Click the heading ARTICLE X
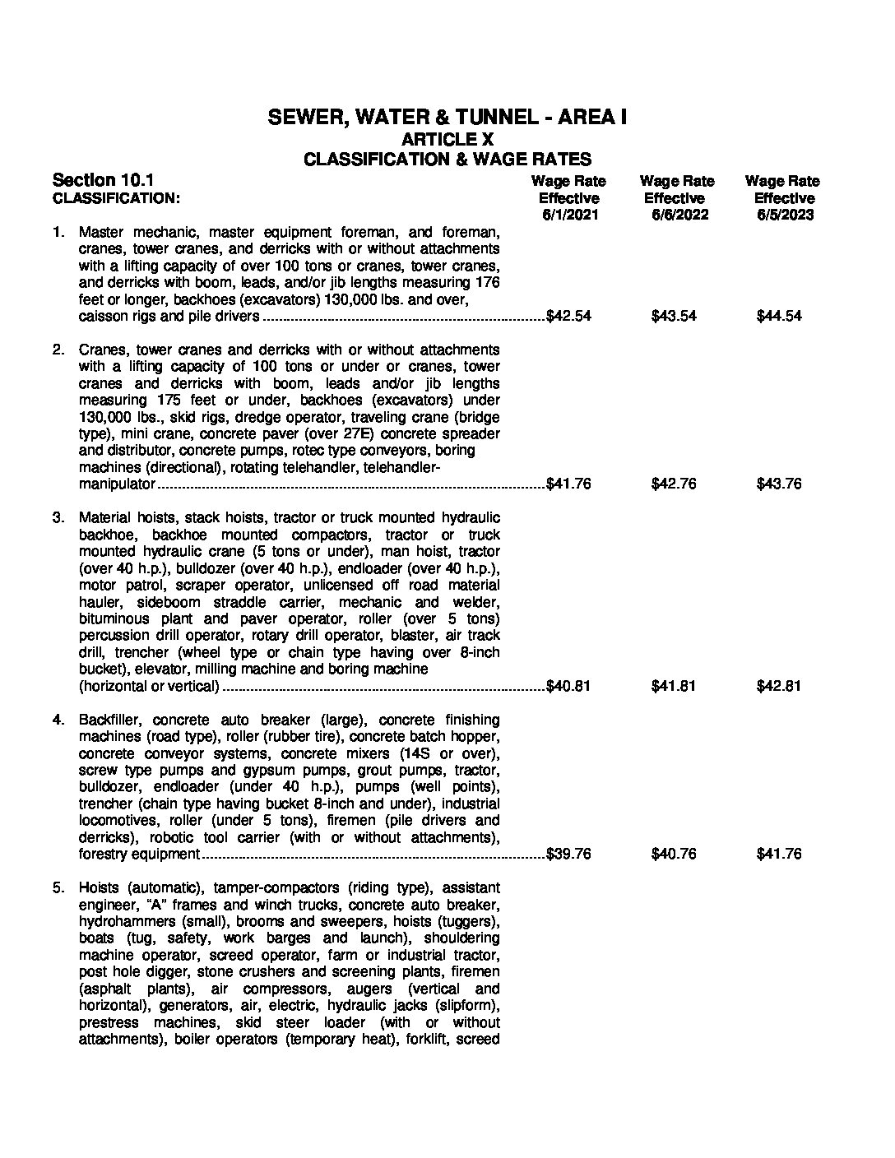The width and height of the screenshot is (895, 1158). pos(447,139)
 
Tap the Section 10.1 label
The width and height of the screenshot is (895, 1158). pos(103,180)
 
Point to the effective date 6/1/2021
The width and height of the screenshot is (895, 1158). pos(568,215)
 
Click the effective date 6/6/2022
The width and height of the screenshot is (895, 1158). pos(674,215)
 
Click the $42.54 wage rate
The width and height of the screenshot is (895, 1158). pos(569,317)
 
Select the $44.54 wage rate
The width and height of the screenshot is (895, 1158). pos(778,317)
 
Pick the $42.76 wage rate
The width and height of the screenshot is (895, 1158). pos(674,484)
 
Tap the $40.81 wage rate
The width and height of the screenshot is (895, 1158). pos(569,687)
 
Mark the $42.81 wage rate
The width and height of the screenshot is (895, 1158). pos(778,687)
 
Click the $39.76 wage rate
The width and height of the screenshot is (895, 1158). pos(569,855)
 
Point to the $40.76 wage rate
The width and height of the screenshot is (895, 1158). pos(674,855)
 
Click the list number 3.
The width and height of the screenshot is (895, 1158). pos(58,518)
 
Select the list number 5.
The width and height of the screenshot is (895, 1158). pos(58,888)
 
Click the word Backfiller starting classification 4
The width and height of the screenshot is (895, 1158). pos(109,720)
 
